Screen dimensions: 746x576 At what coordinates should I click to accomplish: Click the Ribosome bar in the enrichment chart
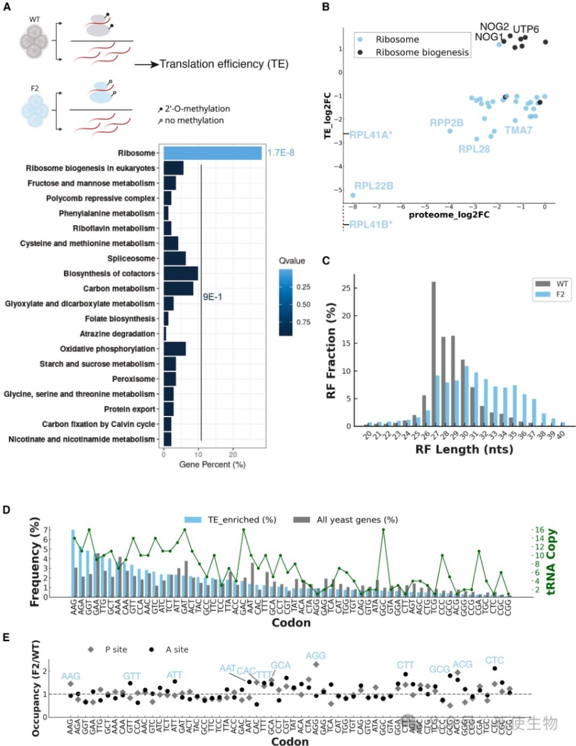(212, 153)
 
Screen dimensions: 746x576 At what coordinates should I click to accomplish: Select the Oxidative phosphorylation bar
(174, 349)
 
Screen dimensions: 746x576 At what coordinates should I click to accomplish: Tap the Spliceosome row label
(131, 259)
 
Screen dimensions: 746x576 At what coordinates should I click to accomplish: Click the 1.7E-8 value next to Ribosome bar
(281, 153)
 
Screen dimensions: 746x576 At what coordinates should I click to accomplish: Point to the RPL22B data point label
(374, 186)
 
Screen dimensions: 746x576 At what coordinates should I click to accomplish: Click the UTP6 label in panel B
(526, 30)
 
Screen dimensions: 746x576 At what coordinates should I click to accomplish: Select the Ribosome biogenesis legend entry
(422, 52)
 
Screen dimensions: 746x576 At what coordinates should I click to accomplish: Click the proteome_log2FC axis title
(449, 215)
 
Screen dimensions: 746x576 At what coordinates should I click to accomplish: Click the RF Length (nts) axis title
(464, 450)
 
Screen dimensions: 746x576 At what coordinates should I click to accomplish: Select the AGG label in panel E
(316, 656)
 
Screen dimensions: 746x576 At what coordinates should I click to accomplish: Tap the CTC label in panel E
(494, 661)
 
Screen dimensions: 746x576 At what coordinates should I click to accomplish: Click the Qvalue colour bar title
(292, 261)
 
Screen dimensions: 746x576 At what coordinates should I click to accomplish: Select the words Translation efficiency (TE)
(224, 64)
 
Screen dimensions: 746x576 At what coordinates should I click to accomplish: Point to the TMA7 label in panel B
(518, 130)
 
